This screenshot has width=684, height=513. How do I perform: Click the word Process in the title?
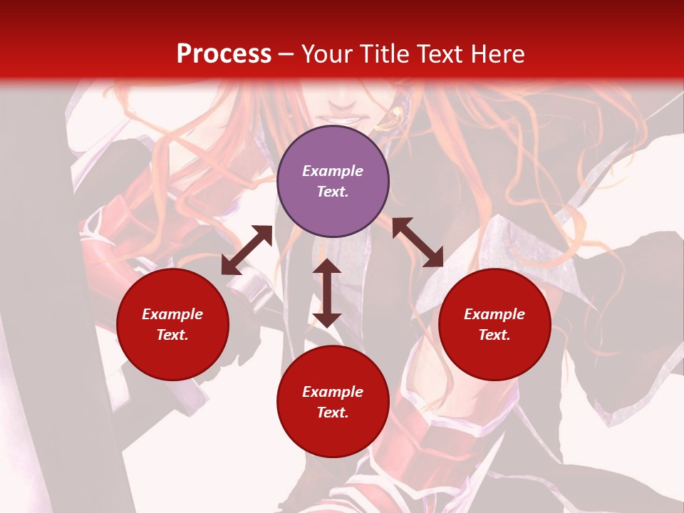click(x=224, y=54)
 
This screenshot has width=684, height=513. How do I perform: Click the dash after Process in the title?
click(x=286, y=55)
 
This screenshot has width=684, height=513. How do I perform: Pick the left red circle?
click(x=172, y=324)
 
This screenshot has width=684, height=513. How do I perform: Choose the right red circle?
click(x=494, y=324)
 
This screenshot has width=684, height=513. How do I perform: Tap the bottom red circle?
click(x=333, y=402)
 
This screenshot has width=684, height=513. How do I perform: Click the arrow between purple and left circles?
click(x=247, y=250)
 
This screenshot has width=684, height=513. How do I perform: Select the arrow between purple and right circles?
click(x=418, y=242)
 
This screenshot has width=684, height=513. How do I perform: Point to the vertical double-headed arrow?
click(x=327, y=293)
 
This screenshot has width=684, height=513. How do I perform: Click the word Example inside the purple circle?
click(x=333, y=171)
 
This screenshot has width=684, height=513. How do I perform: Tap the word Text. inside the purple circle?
click(x=332, y=192)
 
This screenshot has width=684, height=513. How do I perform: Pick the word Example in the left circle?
click(x=172, y=314)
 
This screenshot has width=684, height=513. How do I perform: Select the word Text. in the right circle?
click(x=494, y=335)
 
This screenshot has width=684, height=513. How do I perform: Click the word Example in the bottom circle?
click(x=333, y=392)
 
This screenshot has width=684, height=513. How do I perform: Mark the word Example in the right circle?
click(x=494, y=314)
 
